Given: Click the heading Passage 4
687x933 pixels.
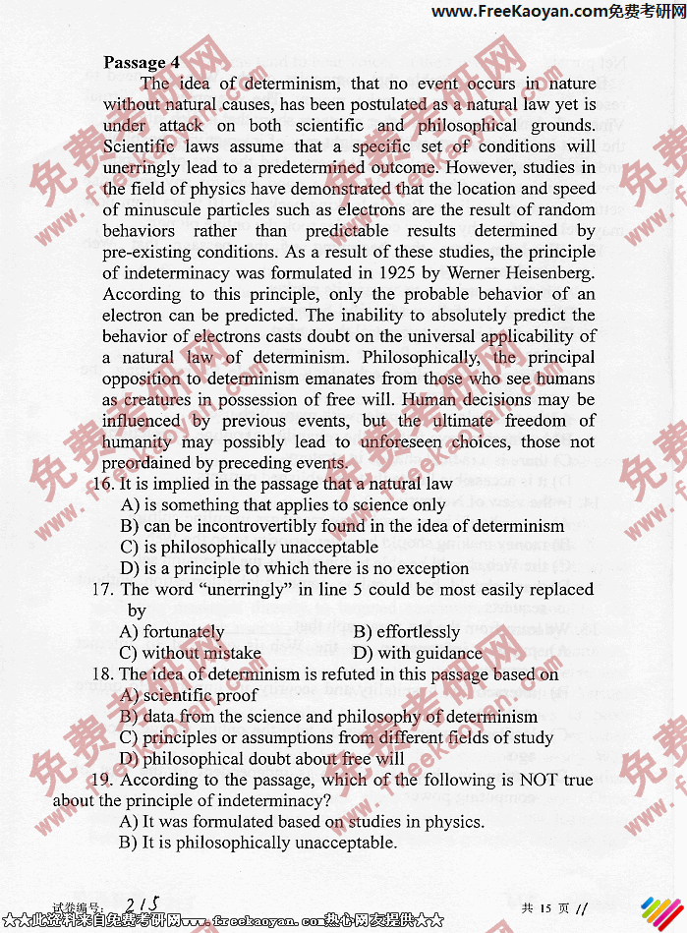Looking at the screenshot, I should pos(142,62).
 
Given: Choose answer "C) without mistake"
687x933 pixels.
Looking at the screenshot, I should pos(191,653).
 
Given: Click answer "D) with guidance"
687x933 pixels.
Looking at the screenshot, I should pos(418,653).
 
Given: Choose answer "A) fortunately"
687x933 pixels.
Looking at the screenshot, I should pos(172,632).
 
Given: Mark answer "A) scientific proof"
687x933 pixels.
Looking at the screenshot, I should pos(189,696).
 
